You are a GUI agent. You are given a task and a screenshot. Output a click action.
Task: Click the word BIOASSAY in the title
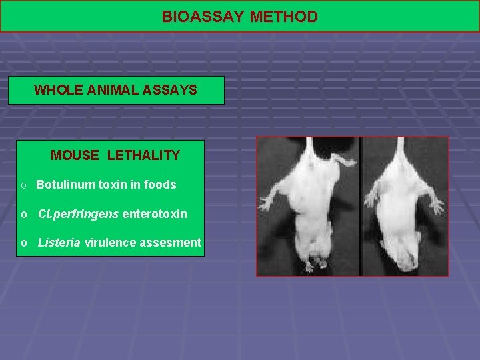pos(203,17)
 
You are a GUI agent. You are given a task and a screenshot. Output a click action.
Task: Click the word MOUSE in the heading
pos(74,156)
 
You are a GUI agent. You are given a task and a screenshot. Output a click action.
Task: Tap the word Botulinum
pos(68,185)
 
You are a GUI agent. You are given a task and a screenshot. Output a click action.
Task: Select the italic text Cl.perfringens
pos(78,214)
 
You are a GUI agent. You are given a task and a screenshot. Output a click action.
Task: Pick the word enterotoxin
pos(155,214)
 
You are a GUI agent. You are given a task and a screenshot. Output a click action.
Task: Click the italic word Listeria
pos(59,243)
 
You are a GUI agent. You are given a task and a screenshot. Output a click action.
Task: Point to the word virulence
pos(110,243)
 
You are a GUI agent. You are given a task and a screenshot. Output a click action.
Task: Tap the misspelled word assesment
pos(170,243)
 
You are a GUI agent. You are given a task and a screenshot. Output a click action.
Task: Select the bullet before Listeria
pos(23,243)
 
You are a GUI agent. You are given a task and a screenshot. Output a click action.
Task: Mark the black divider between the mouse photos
pos(359,207)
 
